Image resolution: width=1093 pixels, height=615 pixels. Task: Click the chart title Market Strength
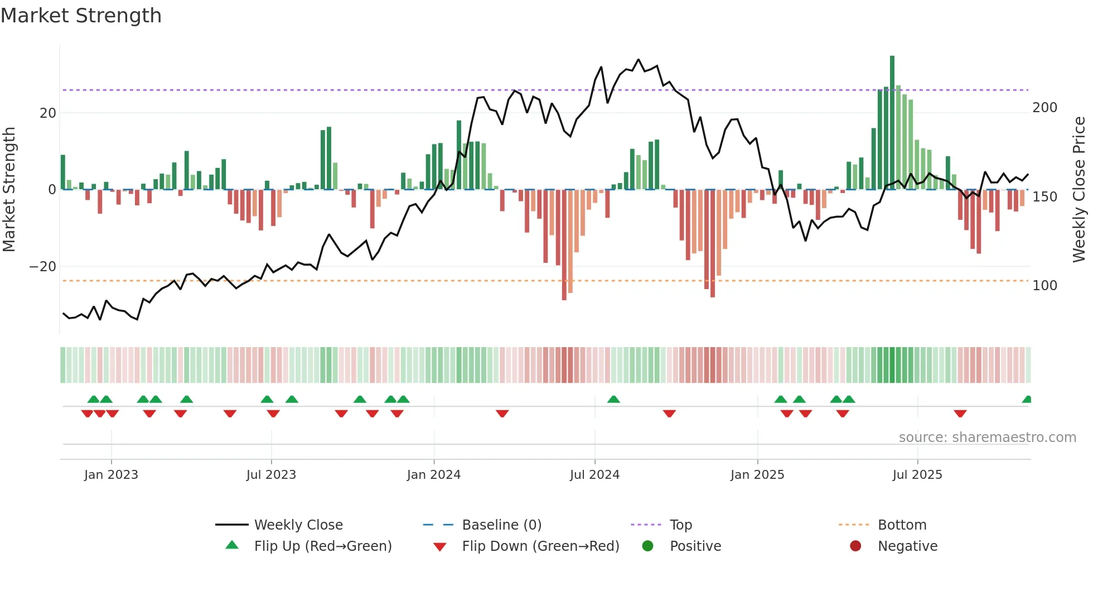(81, 16)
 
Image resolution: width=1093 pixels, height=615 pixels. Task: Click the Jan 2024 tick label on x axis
(433, 475)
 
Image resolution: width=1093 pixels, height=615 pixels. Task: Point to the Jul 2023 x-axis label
(271, 475)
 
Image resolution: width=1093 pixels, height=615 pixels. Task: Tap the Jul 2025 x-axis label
(917, 475)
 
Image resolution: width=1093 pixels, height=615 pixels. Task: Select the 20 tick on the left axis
(48, 113)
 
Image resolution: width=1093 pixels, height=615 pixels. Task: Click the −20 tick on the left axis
(43, 267)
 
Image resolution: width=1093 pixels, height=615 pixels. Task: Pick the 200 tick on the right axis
(1044, 108)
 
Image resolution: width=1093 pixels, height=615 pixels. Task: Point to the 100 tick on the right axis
(1044, 286)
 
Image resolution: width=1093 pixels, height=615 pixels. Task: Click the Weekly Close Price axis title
(1079, 190)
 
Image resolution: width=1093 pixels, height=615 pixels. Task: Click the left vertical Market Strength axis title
(9, 190)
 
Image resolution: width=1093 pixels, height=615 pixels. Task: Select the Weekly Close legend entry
(298, 525)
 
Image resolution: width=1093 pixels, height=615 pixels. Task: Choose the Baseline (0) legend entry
(501, 525)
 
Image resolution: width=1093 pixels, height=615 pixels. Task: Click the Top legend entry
(680, 525)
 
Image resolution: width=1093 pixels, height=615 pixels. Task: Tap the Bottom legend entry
(902, 525)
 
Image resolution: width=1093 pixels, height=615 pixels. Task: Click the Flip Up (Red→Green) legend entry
(322, 546)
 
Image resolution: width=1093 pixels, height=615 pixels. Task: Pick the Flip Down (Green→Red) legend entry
(540, 546)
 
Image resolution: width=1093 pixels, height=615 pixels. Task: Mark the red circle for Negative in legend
(855, 546)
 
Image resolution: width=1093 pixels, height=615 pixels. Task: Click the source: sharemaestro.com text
(987, 438)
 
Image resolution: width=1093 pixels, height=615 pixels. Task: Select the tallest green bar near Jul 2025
(892, 123)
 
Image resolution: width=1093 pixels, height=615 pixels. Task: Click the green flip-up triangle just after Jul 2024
(613, 399)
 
